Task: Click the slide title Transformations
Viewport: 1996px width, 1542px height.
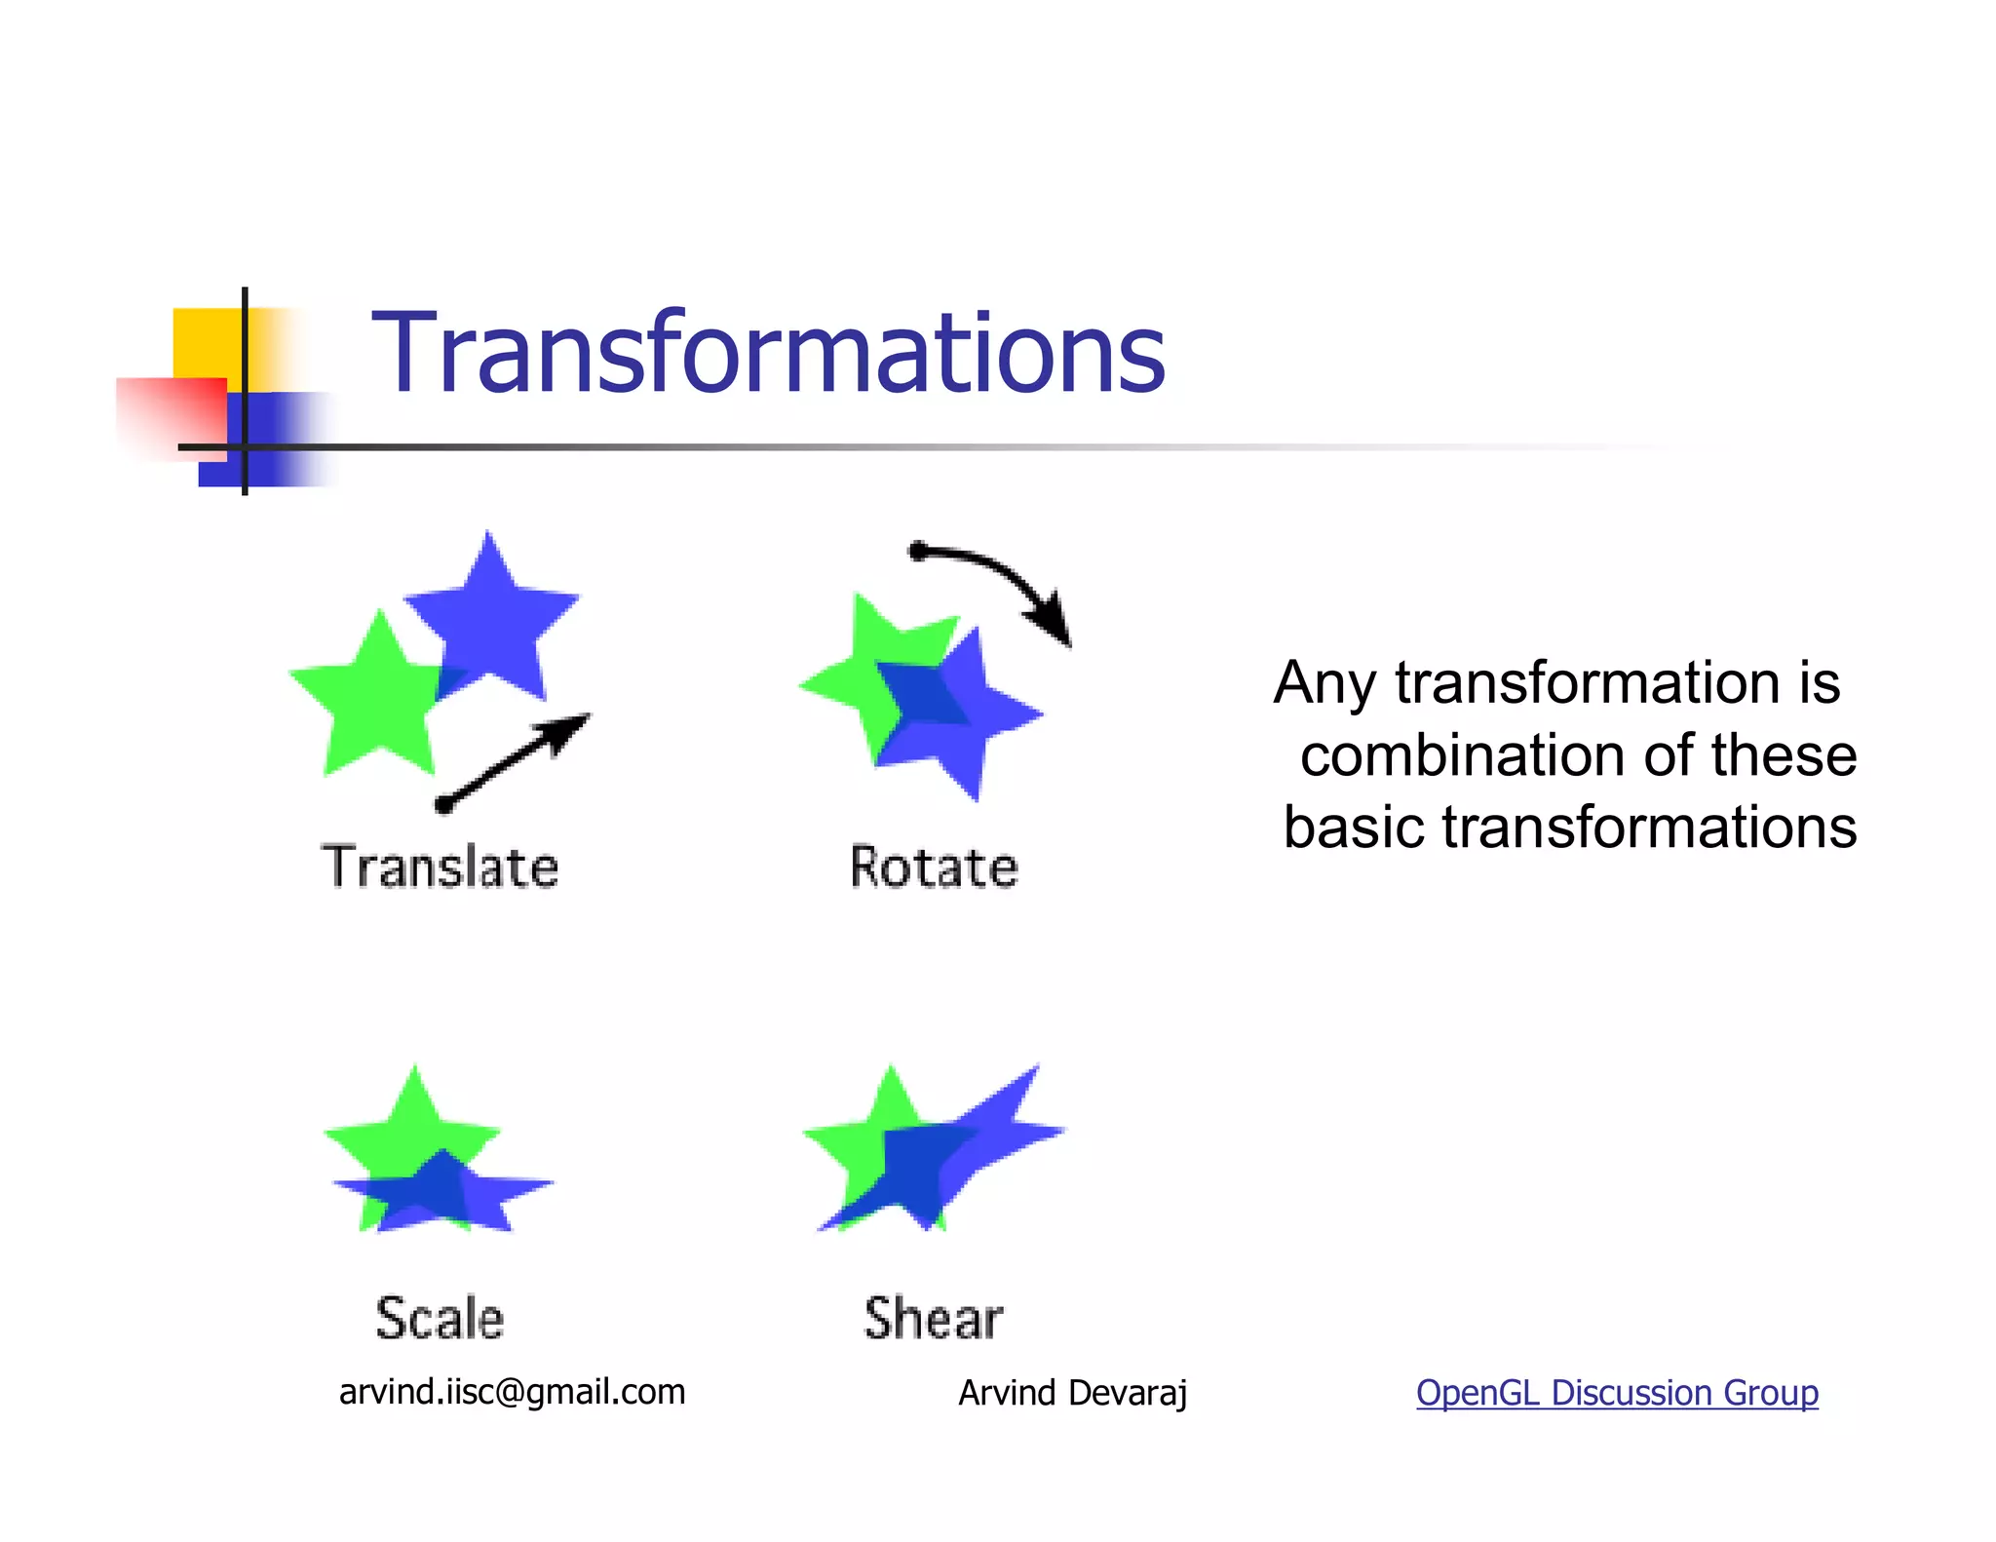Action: tap(768, 353)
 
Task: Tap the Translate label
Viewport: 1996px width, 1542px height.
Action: tap(441, 867)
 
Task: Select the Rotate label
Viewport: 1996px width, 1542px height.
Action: tap(934, 867)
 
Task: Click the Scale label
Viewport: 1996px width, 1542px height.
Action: tap(440, 1318)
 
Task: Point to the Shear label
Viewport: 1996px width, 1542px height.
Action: tap(933, 1318)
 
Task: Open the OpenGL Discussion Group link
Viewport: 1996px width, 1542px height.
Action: tap(1616, 1392)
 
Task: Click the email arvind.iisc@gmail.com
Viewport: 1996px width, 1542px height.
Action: tap(512, 1392)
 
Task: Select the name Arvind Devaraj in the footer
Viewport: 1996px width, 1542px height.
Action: tap(1072, 1393)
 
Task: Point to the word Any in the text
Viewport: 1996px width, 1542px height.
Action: tap(1324, 683)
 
